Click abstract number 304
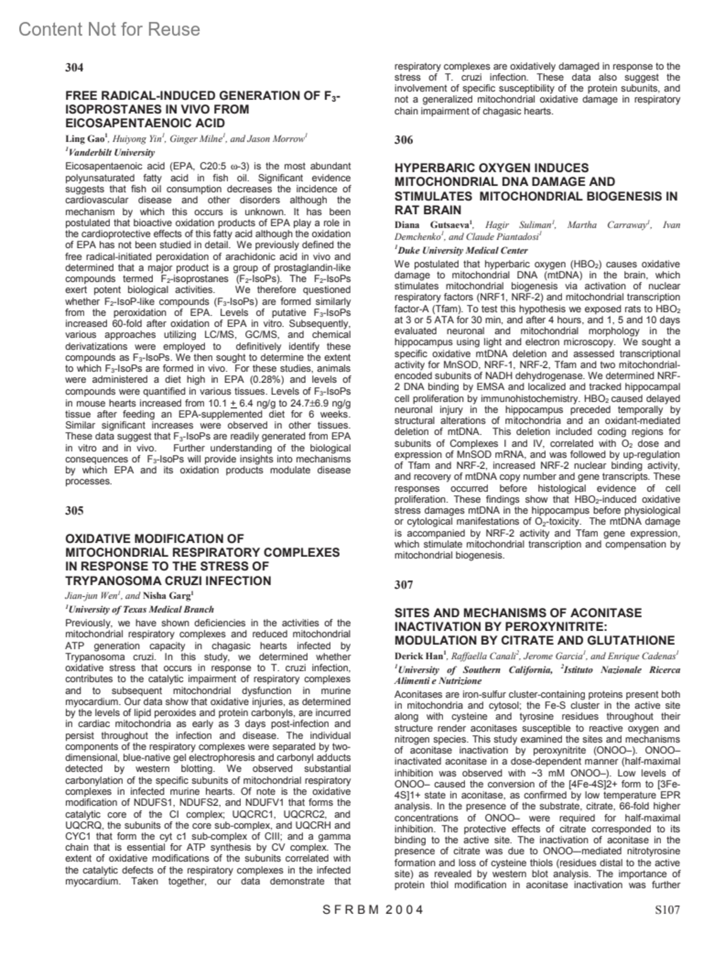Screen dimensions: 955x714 [x=74, y=67]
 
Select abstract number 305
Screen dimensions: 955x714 [x=74, y=511]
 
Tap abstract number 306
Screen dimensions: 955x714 [x=403, y=140]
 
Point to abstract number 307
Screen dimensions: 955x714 [x=403, y=585]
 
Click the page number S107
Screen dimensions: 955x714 [x=667, y=909]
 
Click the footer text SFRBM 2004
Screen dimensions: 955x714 [x=373, y=909]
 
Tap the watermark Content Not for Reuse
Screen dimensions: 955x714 [x=109, y=29]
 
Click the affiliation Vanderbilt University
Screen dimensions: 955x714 [x=111, y=153]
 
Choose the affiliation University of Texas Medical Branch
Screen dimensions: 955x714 [x=140, y=609]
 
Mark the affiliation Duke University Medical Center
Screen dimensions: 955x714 [x=462, y=251]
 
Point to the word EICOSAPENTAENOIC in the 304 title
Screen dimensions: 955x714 [x=121, y=123]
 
